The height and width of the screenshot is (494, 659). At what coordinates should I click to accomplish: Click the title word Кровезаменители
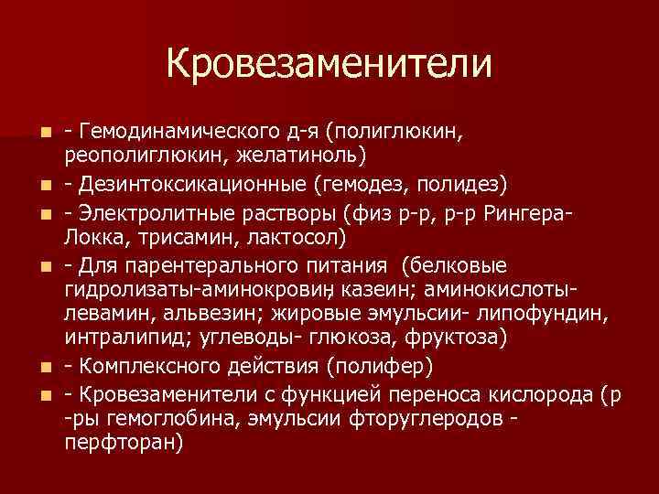point(329,63)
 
